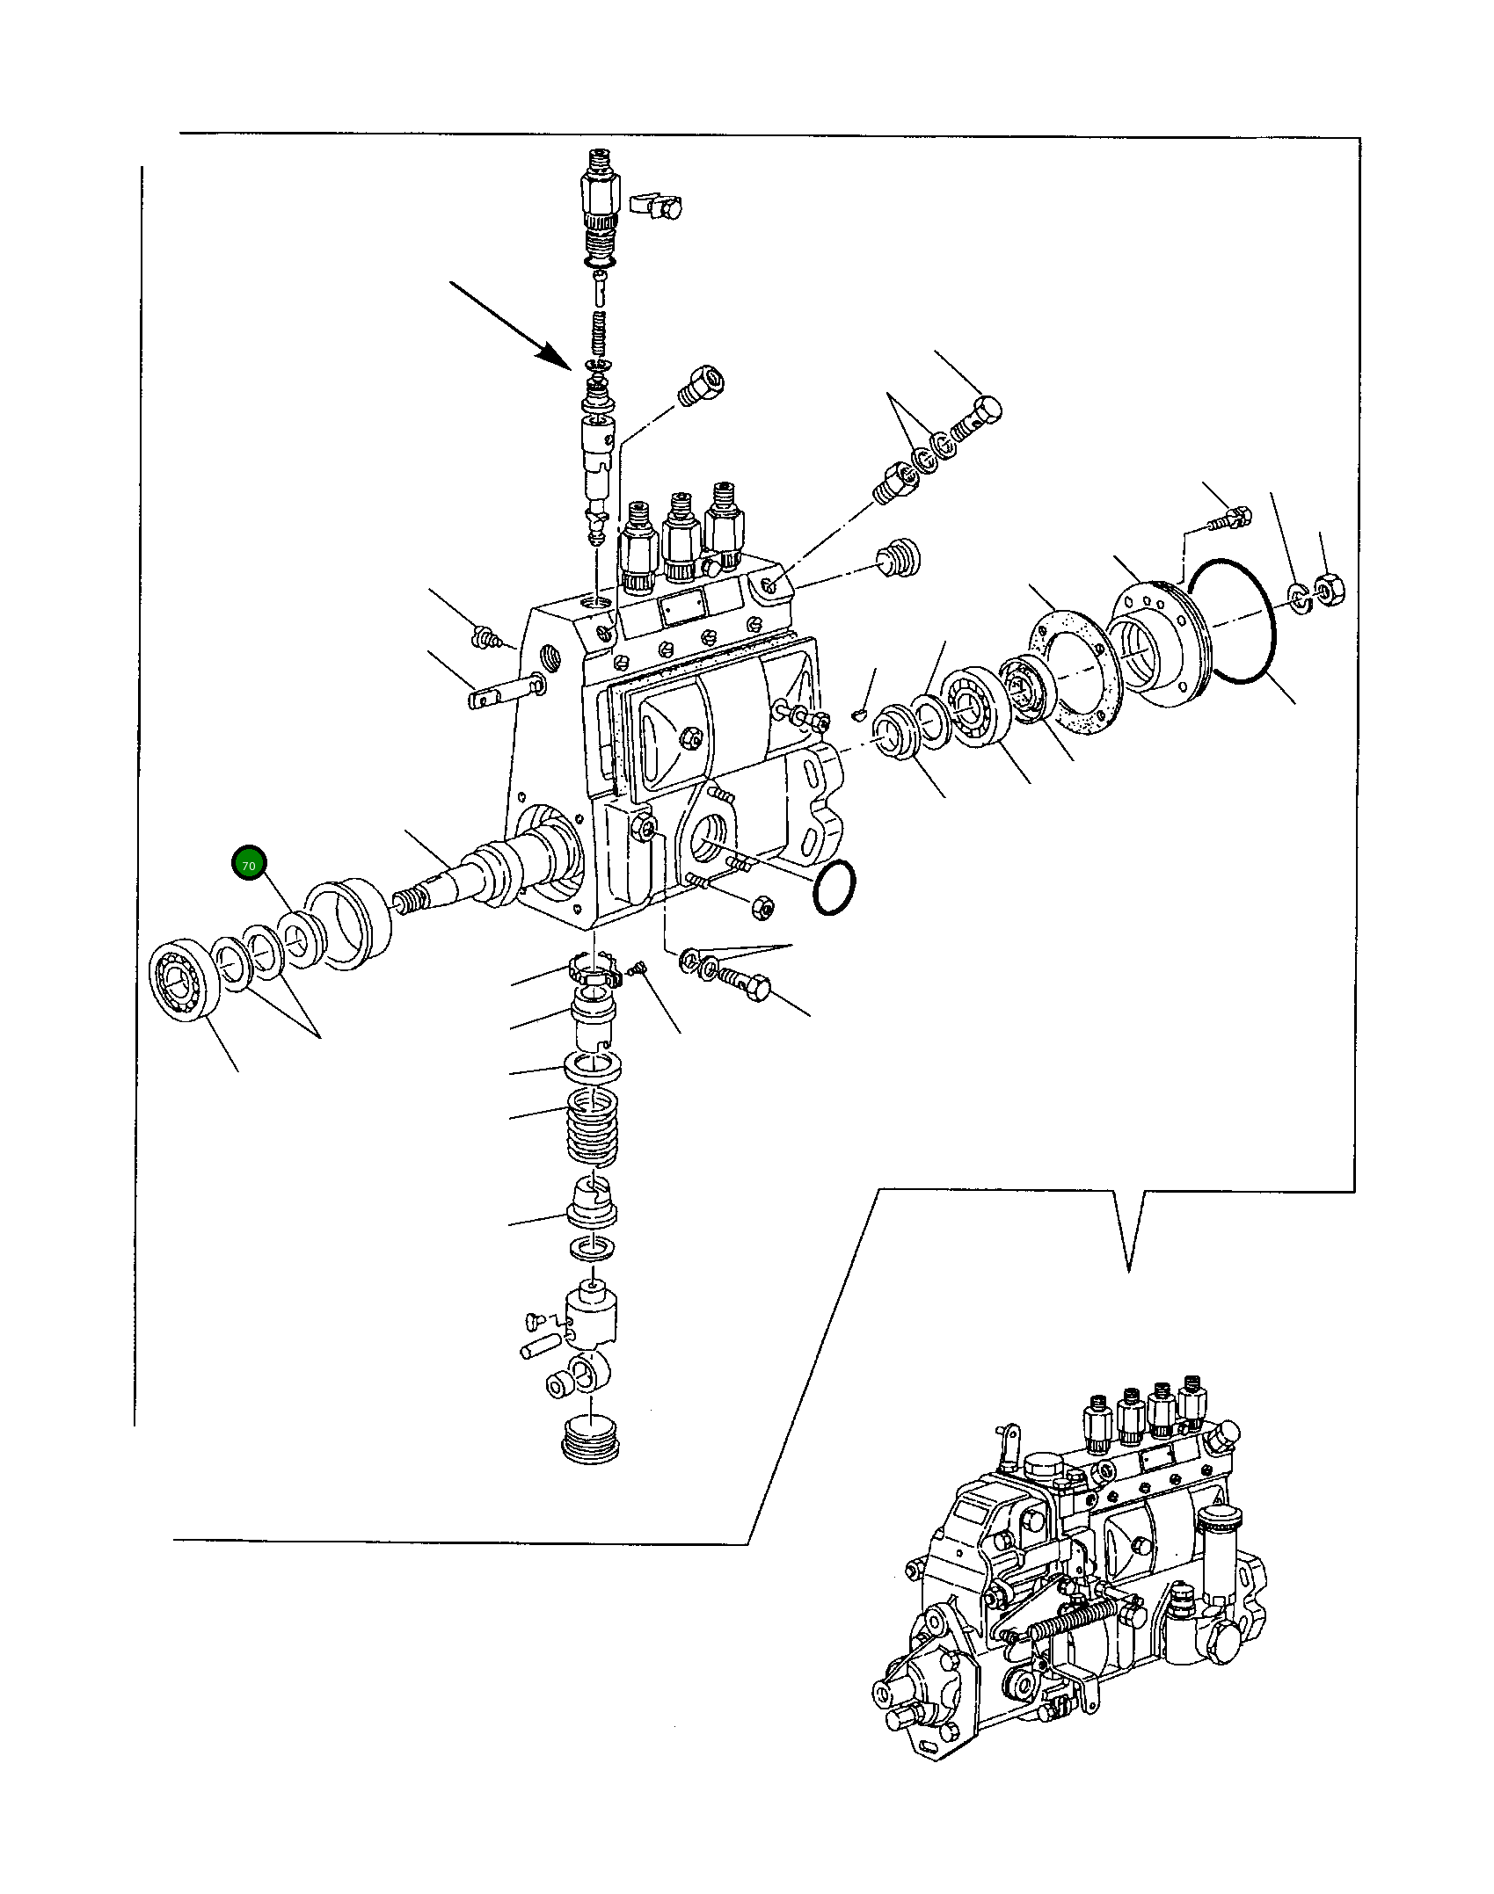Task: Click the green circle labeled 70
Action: tap(248, 865)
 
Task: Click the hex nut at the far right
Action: tap(1325, 584)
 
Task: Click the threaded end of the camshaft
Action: tap(407, 901)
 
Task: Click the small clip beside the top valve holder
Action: tap(656, 204)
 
